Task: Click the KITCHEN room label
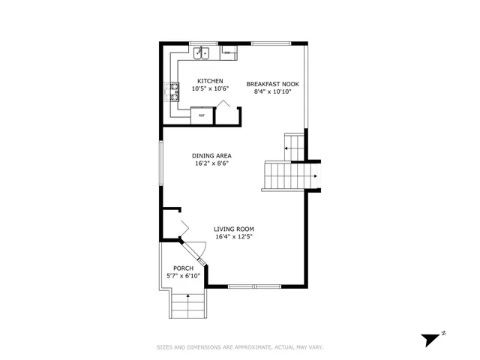[x=209, y=81]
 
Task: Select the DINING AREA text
[x=211, y=155]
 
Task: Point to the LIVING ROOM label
[x=233, y=229]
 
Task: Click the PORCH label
[x=183, y=268]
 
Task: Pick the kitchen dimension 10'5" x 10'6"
[x=209, y=88]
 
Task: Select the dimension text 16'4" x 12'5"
[x=233, y=236]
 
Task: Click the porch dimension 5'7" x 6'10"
[x=183, y=276]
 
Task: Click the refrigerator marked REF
[x=202, y=115]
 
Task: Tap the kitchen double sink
[x=200, y=53]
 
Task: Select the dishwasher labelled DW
[x=229, y=53]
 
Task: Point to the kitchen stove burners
[x=172, y=91]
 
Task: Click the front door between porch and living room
[x=197, y=251]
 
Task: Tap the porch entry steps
[x=187, y=306]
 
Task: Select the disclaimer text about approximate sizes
[x=240, y=347]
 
